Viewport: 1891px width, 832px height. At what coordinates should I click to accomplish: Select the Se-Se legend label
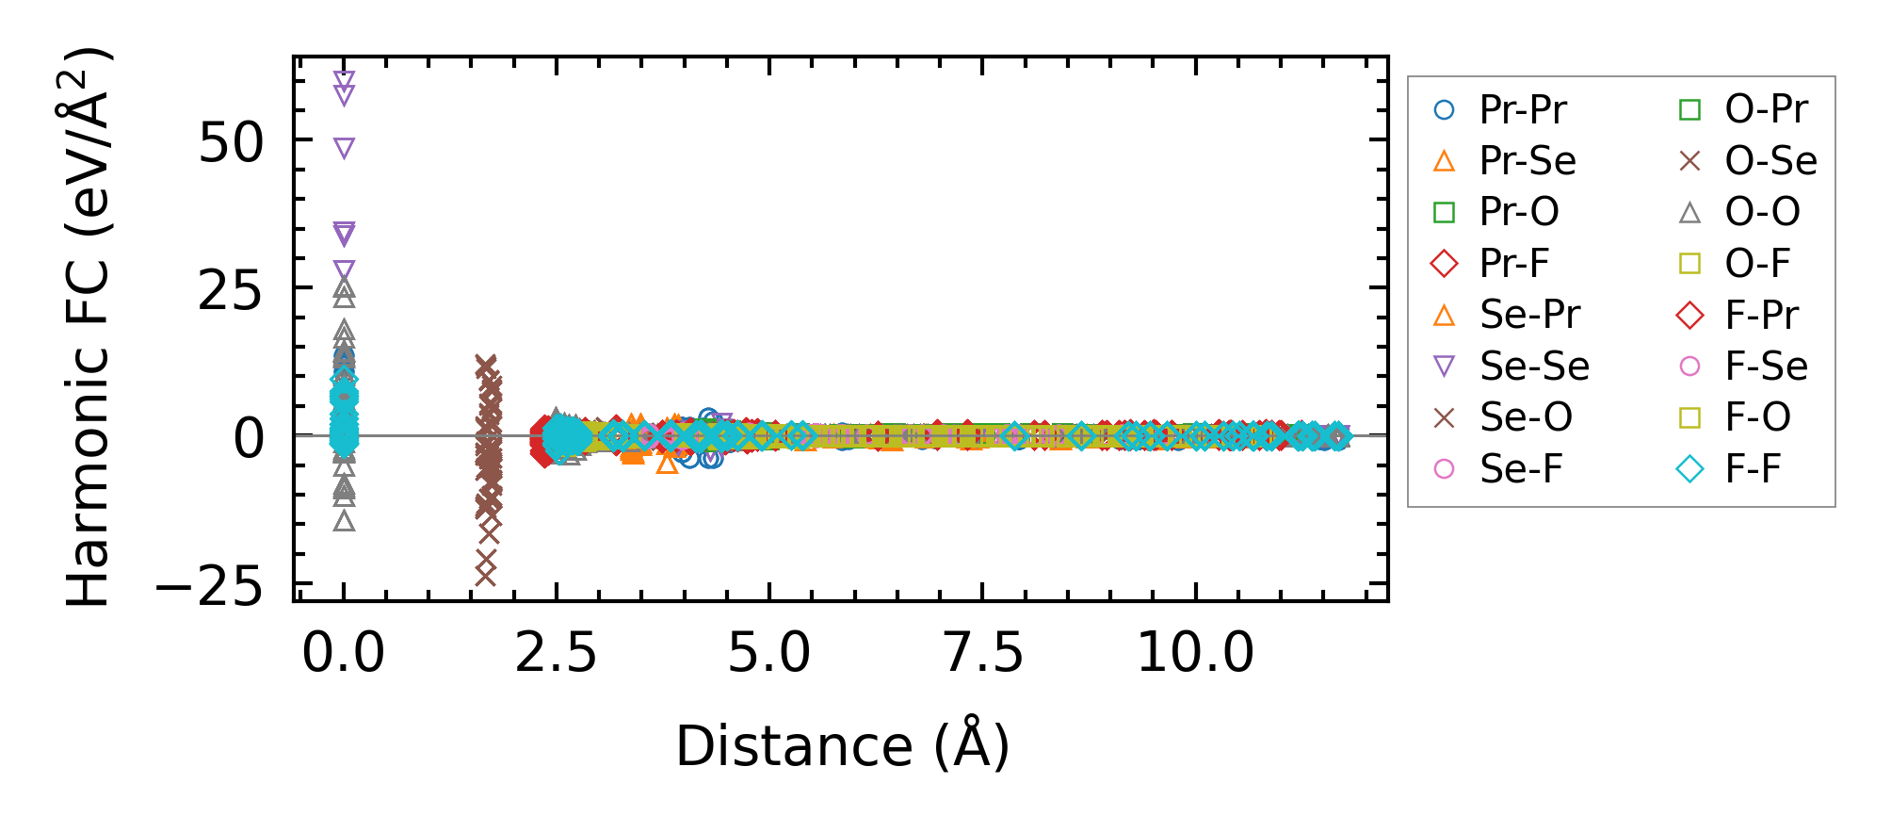1534,367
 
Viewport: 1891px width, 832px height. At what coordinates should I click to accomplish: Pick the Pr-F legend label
1513,264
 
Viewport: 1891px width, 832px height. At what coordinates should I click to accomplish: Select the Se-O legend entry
1526,417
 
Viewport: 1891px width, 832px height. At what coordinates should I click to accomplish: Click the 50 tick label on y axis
231,143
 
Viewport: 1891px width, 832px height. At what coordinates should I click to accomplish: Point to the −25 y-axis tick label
209,589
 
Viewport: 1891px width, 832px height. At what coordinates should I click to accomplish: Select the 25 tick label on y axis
231,291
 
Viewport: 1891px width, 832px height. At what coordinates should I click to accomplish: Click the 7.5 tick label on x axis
982,652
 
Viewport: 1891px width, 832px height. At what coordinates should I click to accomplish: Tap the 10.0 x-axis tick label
1195,652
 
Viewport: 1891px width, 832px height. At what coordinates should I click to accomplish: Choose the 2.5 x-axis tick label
556,652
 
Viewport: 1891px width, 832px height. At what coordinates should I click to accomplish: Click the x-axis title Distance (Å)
842,746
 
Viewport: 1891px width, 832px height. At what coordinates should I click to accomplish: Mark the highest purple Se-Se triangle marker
344,79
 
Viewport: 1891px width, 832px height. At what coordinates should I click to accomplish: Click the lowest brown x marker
485,576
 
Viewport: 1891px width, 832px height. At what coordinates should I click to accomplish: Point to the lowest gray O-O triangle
345,520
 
